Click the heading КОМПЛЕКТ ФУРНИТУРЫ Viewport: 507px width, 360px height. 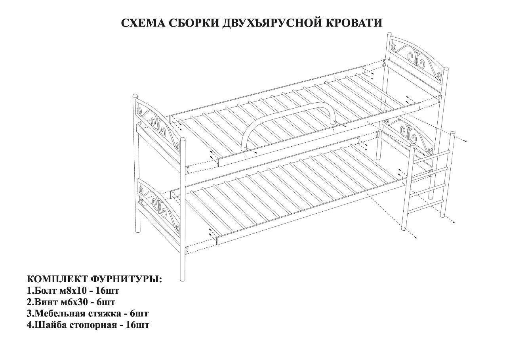coord(94,279)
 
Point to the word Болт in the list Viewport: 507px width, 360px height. coord(44,290)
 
